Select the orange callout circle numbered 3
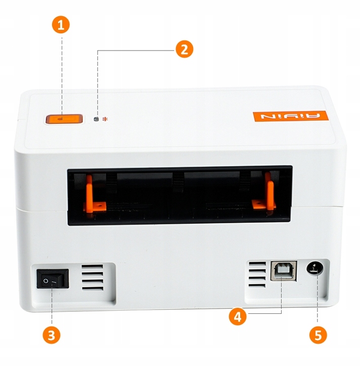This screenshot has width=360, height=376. tap(52, 335)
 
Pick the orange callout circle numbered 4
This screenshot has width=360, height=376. tap(238, 317)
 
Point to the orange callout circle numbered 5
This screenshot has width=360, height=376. tap(318, 335)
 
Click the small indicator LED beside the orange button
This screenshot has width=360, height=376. tap(97, 120)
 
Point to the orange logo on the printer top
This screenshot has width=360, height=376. tap(290, 116)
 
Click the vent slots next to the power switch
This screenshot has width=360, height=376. tap(92, 278)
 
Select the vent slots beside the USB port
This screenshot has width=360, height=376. tap(257, 275)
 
